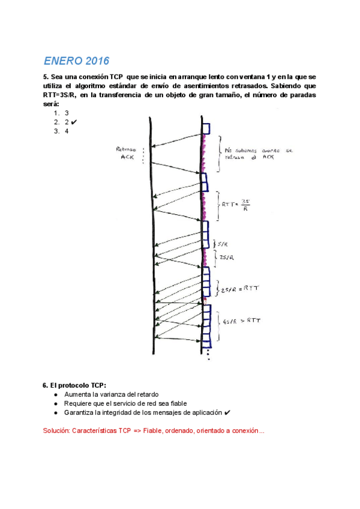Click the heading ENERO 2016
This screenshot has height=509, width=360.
77,61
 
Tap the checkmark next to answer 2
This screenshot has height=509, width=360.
75,122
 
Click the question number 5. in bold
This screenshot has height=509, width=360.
45,77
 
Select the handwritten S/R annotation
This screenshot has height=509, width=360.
224,244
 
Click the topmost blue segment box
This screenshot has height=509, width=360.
206,128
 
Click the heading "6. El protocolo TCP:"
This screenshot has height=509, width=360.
77,385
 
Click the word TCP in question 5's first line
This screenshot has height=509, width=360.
118,77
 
